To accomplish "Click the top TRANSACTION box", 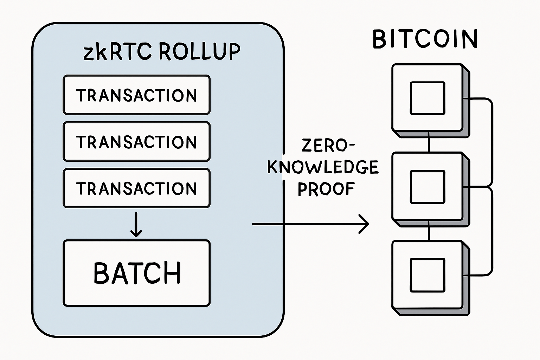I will point(136,95).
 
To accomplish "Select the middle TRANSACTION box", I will point(136,142).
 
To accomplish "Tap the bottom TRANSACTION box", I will point(136,188).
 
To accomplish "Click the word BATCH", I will point(137,273).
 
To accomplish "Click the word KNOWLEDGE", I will point(323,167).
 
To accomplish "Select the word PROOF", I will point(326,189).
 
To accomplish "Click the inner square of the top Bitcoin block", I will point(427,98).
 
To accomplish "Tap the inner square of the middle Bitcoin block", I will point(427,187).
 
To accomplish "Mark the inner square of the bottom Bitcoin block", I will point(427,275).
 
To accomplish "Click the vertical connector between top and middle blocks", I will point(429,142).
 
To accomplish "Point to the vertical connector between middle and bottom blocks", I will point(429,230).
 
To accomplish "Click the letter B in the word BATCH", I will point(102,273).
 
